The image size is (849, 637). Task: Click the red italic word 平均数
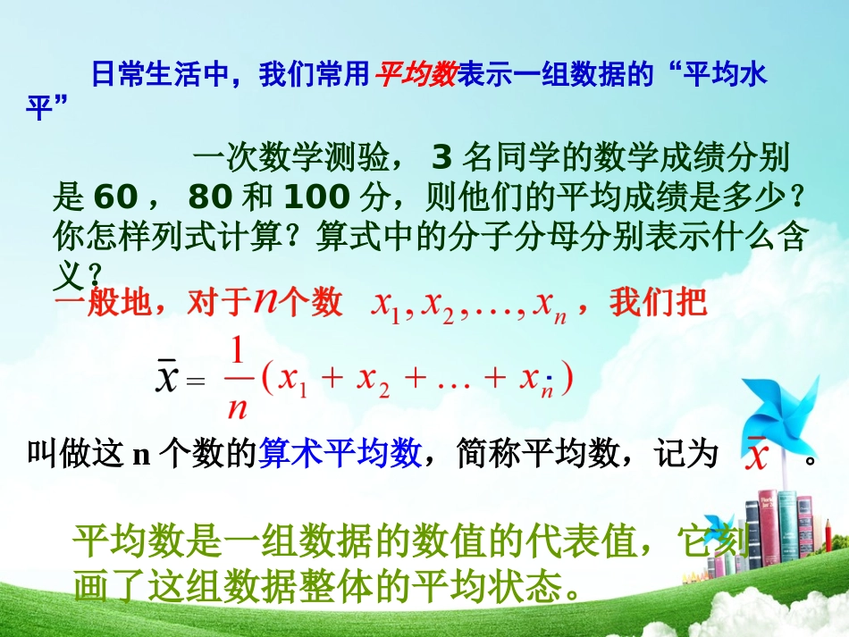[x=416, y=75]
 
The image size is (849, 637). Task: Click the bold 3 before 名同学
[x=441, y=159]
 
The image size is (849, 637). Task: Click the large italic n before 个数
[x=265, y=301]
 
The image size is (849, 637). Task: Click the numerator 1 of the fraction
[x=237, y=353]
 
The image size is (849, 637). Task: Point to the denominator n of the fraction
[x=237, y=407]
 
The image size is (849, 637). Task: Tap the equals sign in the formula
[x=198, y=381]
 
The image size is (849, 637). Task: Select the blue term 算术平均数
[x=340, y=455]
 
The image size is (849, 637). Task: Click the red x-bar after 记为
[x=758, y=456]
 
